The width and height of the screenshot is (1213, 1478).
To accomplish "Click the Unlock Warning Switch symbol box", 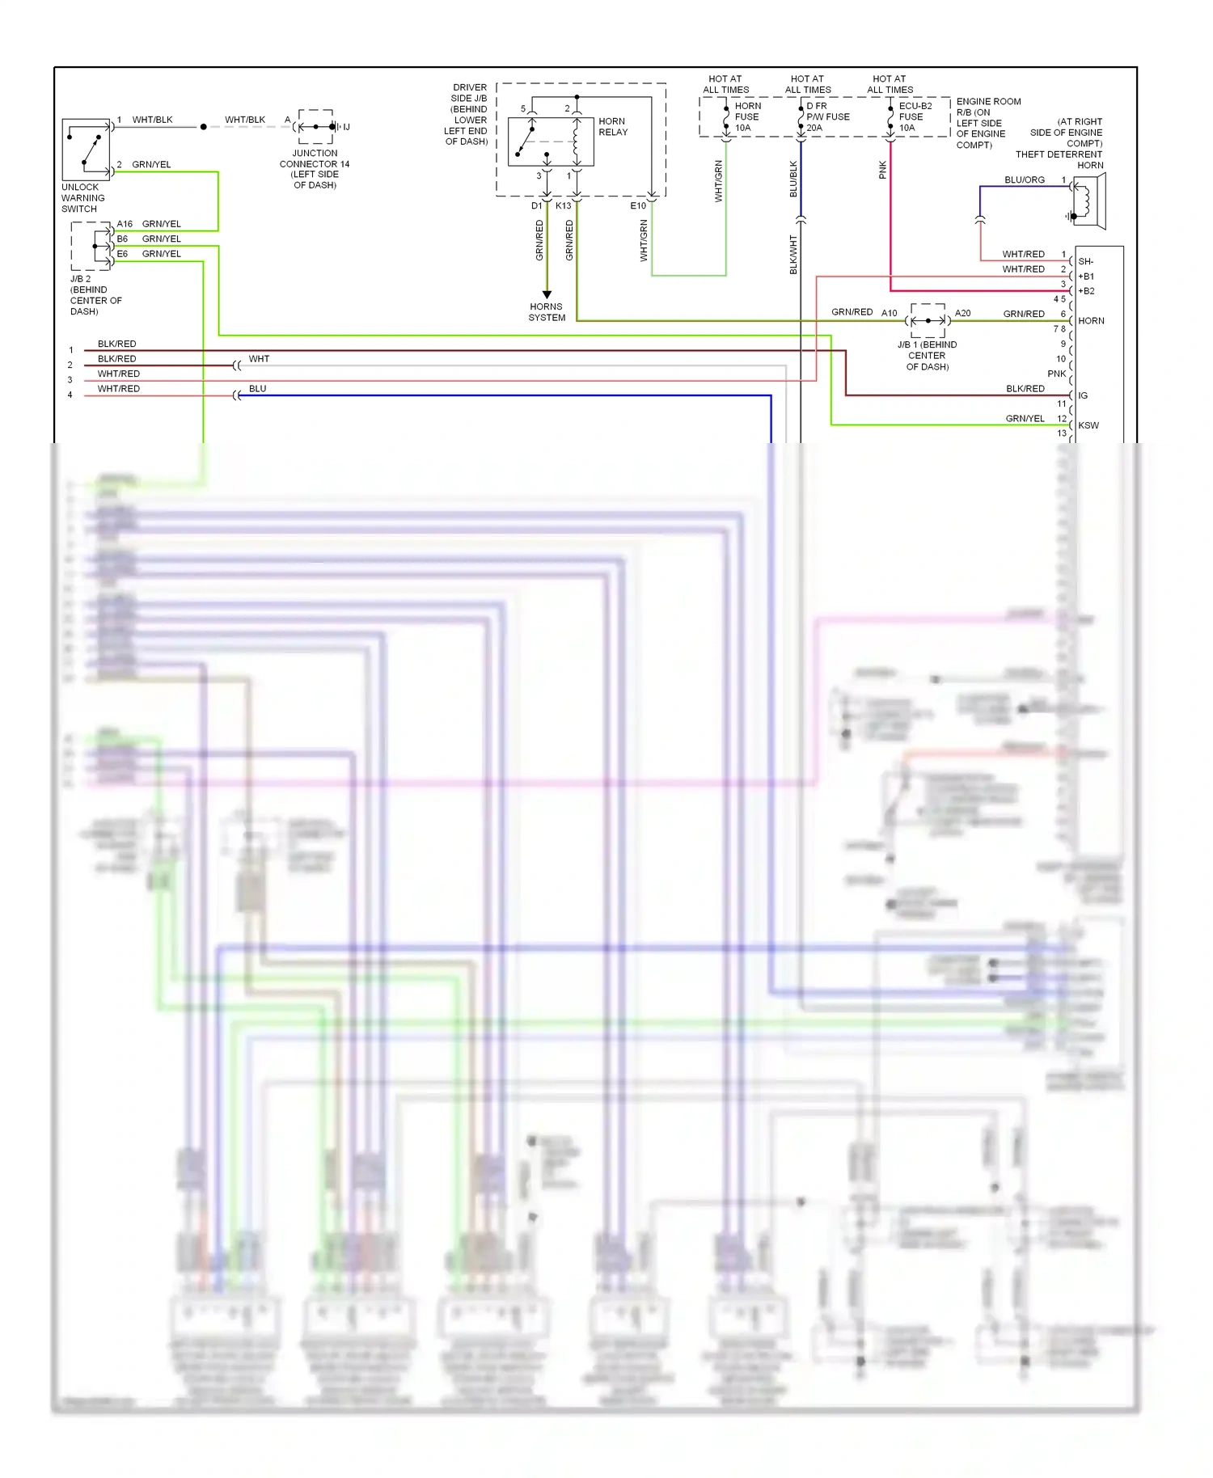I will point(87,150).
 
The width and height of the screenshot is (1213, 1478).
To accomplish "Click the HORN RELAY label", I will point(613,126).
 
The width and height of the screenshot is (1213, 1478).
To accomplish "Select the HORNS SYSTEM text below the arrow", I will point(547,312).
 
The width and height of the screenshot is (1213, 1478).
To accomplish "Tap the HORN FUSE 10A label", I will point(747,116).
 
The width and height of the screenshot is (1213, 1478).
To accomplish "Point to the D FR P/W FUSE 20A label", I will point(827,116).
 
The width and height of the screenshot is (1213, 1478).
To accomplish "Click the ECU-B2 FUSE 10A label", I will point(915,116).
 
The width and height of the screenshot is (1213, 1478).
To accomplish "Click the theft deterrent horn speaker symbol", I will point(1088,202).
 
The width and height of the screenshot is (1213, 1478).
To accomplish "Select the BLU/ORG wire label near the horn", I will point(1024,179).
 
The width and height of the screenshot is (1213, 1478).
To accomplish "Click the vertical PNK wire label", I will point(882,170).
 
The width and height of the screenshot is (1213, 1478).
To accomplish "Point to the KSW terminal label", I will point(1088,425).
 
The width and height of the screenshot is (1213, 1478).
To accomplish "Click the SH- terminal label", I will point(1085,261).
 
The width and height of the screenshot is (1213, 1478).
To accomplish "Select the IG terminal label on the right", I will point(1083,395).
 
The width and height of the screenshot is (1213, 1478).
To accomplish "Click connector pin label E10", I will point(638,205).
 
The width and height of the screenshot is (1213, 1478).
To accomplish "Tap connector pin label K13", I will point(564,205).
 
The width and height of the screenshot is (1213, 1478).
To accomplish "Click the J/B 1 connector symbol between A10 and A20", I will point(928,320).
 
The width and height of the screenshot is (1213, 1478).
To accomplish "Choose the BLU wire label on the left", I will point(257,388).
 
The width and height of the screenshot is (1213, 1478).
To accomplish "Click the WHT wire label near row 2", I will point(259,358).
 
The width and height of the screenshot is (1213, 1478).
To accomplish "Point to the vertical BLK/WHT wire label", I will point(793,255).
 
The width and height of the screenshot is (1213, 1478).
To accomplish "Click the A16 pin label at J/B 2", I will point(125,224).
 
